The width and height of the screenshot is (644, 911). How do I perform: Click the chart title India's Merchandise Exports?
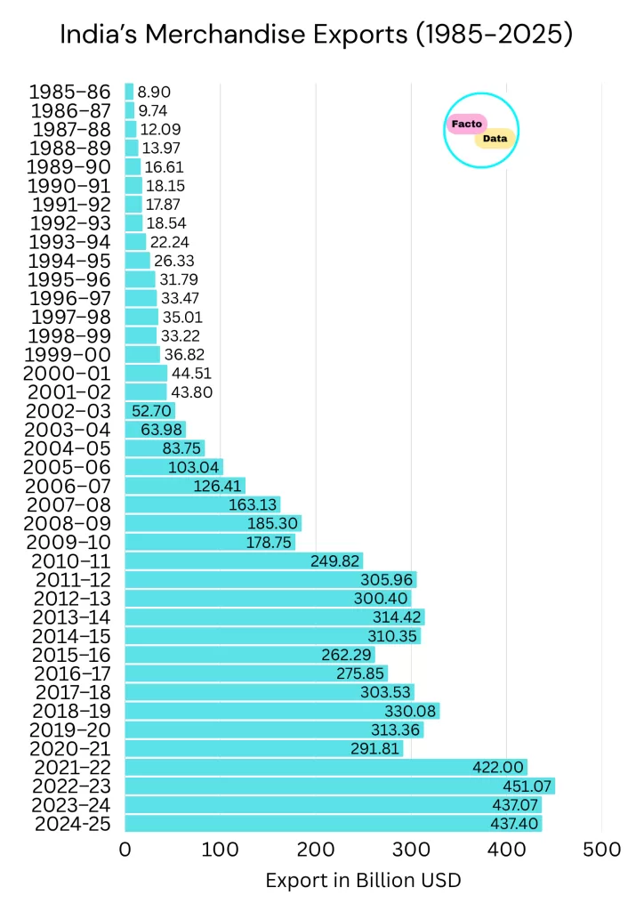(x=316, y=35)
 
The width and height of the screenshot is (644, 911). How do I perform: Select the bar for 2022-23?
(x=339, y=786)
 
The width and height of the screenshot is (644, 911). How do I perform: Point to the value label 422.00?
(x=498, y=767)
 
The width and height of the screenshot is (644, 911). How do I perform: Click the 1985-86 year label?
(x=69, y=92)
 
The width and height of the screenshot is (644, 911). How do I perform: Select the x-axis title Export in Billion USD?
(x=363, y=881)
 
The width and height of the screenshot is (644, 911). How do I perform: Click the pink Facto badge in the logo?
(x=467, y=124)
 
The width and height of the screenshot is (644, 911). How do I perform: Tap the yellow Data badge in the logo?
(x=495, y=139)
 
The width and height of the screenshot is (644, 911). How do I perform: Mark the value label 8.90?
(x=154, y=92)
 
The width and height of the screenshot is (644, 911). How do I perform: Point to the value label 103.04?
(x=193, y=467)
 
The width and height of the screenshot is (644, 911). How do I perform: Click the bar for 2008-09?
(x=213, y=523)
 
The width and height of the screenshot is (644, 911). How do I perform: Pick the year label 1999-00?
(x=69, y=354)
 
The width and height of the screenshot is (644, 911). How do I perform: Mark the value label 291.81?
(x=374, y=748)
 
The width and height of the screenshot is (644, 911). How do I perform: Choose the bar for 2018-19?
(x=282, y=711)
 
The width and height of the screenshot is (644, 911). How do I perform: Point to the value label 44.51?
(x=191, y=373)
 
